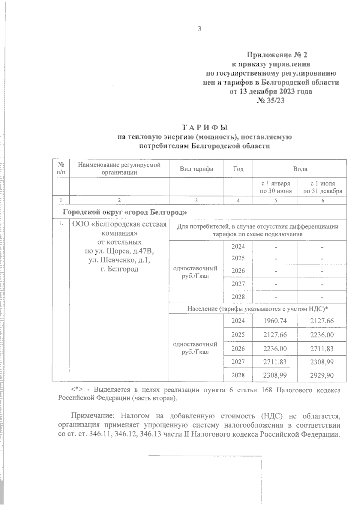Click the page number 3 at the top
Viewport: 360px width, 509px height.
(x=199, y=29)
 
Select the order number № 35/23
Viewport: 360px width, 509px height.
(x=270, y=101)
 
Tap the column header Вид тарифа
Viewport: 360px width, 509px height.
(x=196, y=169)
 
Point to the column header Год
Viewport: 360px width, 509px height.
(x=238, y=169)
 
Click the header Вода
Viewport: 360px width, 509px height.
(x=300, y=169)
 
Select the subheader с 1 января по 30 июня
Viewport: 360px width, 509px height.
(x=275, y=187)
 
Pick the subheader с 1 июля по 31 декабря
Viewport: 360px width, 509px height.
(x=322, y=187)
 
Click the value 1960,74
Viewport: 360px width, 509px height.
(x=275, y=321)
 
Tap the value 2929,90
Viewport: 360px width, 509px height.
(x=322, y=375)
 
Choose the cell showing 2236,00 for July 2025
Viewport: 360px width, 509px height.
(x=322, y=335)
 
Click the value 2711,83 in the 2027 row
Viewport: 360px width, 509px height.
(x=275, y=362)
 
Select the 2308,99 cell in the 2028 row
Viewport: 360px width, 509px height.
(x=275, y=375)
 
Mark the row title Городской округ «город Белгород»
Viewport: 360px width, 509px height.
(x=125, y=213)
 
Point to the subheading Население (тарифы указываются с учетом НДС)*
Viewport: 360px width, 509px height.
(x=257, y=309)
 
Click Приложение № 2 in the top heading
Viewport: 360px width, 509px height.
(x=277, y=55)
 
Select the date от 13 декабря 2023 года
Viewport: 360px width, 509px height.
(x=271, y=91)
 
